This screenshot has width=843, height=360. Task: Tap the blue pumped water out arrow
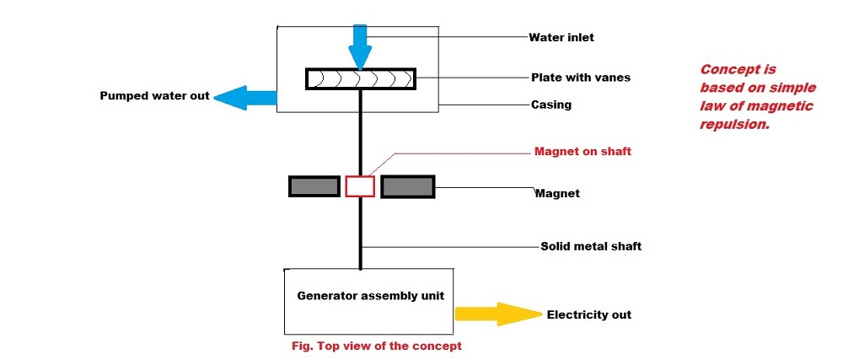(244, 96)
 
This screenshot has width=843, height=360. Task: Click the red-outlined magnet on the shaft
(360, 186)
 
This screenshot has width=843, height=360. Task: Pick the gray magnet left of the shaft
(314, 186)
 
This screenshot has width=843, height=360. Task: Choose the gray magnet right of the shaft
(408, 186)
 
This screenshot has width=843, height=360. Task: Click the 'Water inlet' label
(561, 37)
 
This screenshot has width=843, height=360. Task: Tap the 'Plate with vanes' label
(581, 77)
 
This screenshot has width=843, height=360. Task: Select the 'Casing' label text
(550, 105)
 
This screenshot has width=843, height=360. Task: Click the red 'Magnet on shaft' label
(583, 152)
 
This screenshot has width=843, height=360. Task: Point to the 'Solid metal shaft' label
(591, 246)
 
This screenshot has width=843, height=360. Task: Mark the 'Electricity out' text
(588, 314)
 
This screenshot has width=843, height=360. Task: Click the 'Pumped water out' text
(154, 95)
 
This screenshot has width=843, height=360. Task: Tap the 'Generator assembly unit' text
(370, 296)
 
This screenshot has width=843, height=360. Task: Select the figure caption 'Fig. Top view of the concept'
(374, 346)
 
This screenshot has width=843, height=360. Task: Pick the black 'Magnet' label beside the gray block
(557, 193)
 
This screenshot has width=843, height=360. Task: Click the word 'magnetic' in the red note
(783, 106)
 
